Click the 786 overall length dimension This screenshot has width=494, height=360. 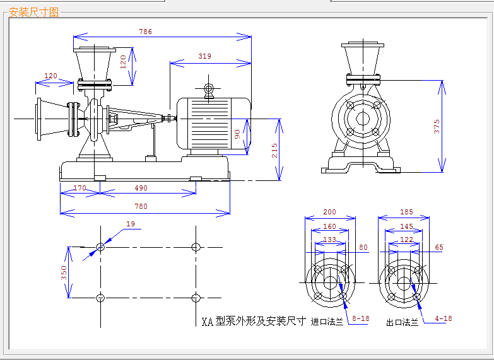(146, 32)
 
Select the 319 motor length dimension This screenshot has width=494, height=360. (205, 56)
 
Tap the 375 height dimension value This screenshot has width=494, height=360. (437, 126)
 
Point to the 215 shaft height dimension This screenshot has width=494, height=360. (274, 151)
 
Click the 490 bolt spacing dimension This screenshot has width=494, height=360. (141, 188)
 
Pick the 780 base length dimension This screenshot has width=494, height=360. (141, 206)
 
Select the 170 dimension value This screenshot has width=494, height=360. (79, 188)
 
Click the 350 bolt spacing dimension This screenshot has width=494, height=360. (64, 273)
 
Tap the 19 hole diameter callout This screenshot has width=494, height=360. (131, 224)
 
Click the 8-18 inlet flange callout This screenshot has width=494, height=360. (361, 318)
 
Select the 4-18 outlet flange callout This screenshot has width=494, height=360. (444, 318)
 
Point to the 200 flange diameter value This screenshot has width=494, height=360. (329, 212)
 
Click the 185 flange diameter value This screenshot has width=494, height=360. (406, 212)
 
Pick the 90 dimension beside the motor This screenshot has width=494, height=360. (238, 134)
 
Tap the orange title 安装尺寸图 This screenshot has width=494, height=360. (33, 12)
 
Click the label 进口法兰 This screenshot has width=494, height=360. (327, 322)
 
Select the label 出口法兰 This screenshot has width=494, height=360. (403, 323)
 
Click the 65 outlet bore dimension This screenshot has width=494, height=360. (439, 247)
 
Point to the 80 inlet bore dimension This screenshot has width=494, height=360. (363, 247)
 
